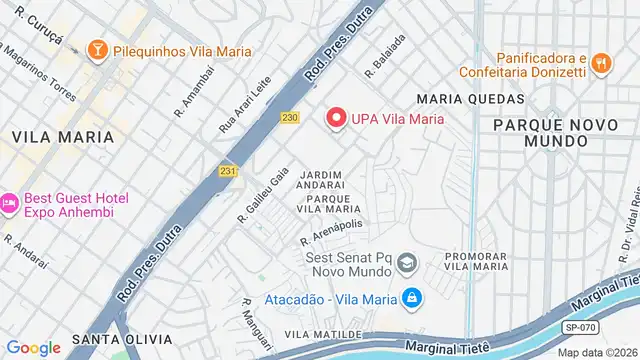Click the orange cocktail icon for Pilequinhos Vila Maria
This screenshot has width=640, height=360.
98,47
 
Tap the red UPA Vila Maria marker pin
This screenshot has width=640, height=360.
336,118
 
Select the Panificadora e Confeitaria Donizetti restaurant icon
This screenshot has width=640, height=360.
600,64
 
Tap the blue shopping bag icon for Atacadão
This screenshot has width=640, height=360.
411,298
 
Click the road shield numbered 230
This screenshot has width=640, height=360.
290,118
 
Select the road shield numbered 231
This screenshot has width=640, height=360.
228,171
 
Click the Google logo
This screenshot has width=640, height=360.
33,347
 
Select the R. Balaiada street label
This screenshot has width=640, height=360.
384,58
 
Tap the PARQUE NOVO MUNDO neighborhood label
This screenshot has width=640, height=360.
541,132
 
